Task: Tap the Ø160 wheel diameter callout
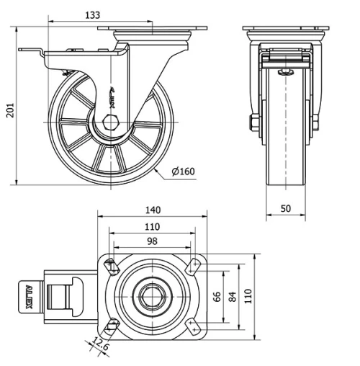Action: tap(184, 171)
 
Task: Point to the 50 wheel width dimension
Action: tap(286, 208)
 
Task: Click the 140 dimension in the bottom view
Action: tap(152, 210)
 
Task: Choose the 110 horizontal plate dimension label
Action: tap(152, 226)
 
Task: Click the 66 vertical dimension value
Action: tap(215, 296)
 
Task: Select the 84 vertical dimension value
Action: tap(231, 296)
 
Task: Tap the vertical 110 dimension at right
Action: tap(248, 296)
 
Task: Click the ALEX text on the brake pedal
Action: tap(29, 295)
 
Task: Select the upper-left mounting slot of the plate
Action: tap(110, 267)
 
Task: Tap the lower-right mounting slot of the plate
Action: tap(194, 326)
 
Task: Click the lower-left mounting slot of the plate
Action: tap(110, 326)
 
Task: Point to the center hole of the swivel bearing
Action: tap(152, 296)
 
